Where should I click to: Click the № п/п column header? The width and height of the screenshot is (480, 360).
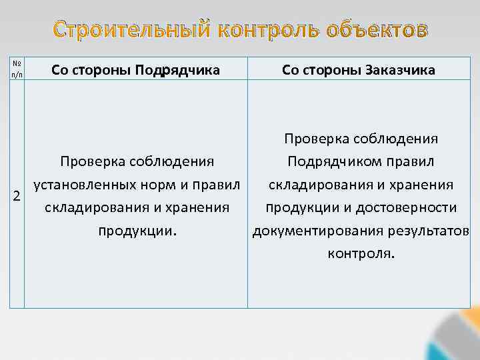17,69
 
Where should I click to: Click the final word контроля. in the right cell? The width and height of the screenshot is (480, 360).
361,253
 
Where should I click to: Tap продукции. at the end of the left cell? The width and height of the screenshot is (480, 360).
137,231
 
